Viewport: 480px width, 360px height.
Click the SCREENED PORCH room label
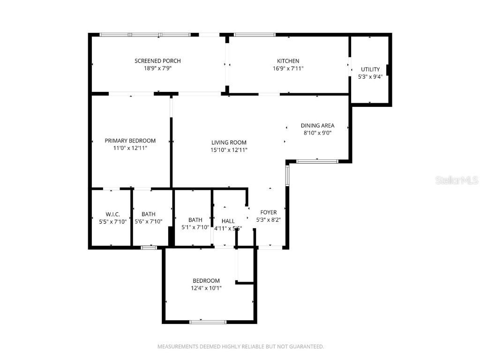click(157, 61)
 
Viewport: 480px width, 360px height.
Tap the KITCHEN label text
click(288, 61)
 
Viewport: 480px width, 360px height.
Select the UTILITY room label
click(370, 69)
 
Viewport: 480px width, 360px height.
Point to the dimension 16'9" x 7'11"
click(288, 68)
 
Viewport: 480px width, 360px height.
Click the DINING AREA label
click(317, 126)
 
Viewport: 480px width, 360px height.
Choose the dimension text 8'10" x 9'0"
click(317, 133)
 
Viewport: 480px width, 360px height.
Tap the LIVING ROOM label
click(229, 142)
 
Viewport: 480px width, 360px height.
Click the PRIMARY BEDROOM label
click(130, 141)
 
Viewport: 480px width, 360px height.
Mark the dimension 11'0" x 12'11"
click(130, 148)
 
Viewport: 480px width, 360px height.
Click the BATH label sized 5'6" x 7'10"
click(148, 214)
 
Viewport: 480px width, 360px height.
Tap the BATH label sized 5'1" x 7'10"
click(195, 220)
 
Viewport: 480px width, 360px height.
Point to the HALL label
click(228, 221)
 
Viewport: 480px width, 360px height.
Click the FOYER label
click(269, 212)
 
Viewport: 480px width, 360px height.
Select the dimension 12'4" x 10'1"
click(206, 288)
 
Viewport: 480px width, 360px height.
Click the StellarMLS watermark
click(456, 180)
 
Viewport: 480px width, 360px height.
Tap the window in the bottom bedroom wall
click(208, 322)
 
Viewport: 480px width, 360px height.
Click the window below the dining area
click(317, 161)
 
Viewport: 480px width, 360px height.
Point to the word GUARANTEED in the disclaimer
click(305, 347)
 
